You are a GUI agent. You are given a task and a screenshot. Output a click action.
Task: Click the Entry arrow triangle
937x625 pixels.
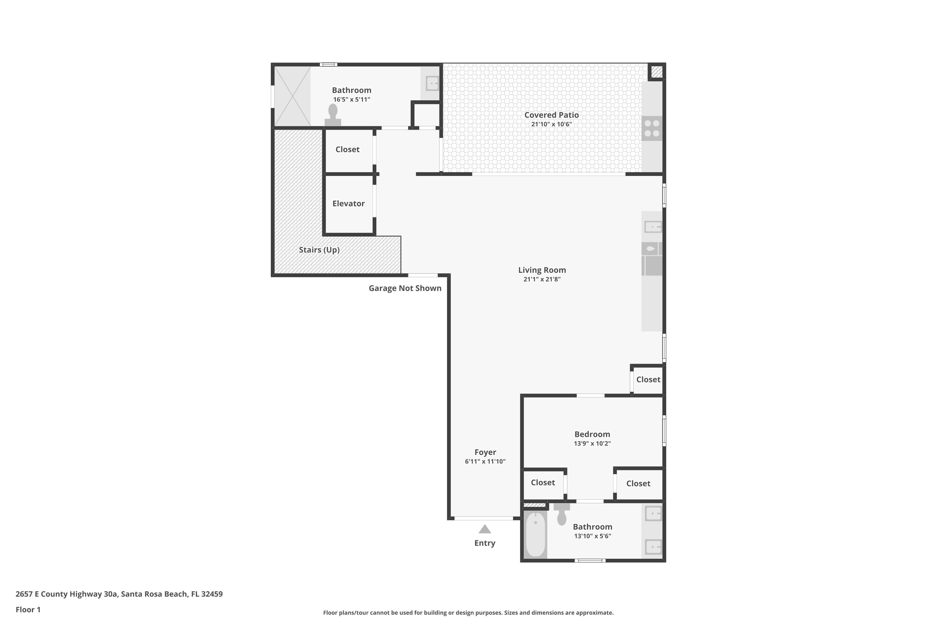click(x=484, y=529)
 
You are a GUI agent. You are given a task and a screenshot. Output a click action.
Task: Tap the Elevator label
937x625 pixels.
click(x=348, y=203)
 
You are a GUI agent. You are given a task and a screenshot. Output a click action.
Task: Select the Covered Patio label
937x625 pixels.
click(x=551, y=115)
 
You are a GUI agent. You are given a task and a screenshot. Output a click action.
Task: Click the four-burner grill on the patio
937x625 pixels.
click(x=652, y=128)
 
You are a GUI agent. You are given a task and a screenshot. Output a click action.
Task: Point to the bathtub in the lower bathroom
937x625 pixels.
click(x=535, y=534)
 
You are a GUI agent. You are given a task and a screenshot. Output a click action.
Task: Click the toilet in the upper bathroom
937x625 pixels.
click(x=333, y=115)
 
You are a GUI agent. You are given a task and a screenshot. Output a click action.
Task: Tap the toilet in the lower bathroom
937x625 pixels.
click(x=562, y=515)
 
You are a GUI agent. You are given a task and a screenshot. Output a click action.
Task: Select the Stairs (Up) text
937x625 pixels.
click(x=319, y=250)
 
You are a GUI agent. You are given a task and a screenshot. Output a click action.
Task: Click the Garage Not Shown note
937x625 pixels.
click(x=405, y=288)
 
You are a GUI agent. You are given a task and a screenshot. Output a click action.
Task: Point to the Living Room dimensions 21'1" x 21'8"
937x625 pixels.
click(x=542, y=279)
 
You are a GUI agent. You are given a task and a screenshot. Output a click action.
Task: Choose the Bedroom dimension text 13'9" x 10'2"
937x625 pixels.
click(x=592, y=443)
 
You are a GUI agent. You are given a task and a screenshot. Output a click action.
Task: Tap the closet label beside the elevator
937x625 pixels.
click(x=347, y=149)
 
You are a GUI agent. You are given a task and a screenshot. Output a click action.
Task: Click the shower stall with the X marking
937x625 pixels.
click(x=292, y=96)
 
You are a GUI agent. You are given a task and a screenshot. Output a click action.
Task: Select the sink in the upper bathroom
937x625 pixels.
click(x=432, y=83)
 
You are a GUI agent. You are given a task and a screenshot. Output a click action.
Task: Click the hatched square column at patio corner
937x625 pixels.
click(x=656, y=72)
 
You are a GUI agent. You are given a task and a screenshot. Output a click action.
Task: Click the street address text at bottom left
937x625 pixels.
click(x=119, y=594)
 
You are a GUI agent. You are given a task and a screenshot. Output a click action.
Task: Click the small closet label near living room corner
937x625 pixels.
click(x=648, y=379)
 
